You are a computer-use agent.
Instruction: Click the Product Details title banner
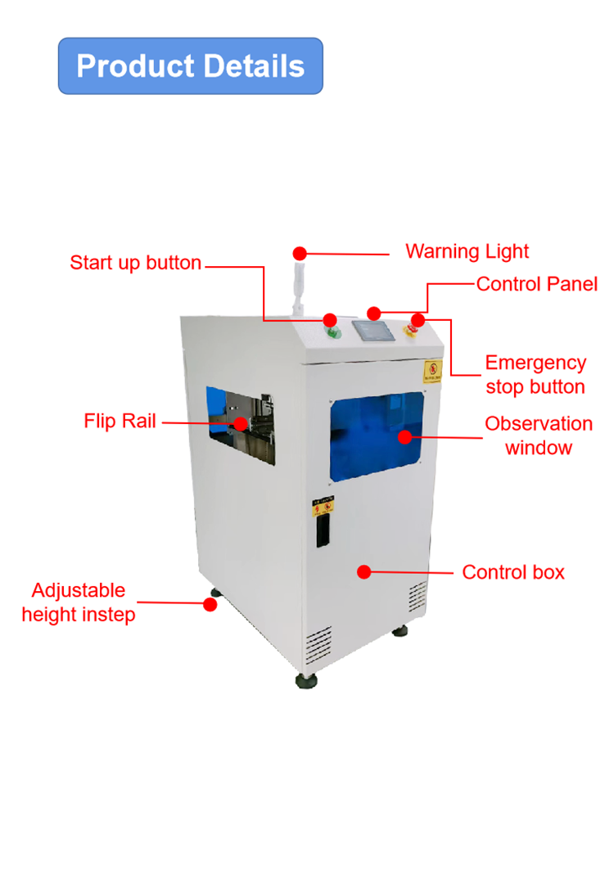(x=190, y=65)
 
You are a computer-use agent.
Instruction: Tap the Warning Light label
(x=467, y=251)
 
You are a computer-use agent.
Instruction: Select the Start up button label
(x=135, y=263)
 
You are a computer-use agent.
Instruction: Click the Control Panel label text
(x=536, y=284)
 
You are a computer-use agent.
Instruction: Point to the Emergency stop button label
(x=535, y=374)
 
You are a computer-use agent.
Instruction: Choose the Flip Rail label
(x=121, y=421)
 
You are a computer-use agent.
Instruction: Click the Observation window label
(x=538, y=435)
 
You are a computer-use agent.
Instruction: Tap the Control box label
(x=513, y=572)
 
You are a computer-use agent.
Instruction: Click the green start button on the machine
(x=333, y=332)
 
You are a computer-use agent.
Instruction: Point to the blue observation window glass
(x=377, y=442)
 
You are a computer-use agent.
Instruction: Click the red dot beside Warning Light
(x=300, y=254)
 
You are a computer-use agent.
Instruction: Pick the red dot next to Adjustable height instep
(x=210, y=605)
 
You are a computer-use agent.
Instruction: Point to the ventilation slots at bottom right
(x=418, y=598)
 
